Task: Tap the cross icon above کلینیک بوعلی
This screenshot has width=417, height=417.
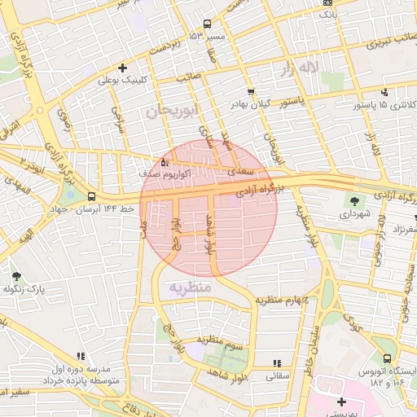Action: click(x=122, y=68)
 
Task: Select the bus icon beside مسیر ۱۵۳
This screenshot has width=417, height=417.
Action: click(x=207, y=24)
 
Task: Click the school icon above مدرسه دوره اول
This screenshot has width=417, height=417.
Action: click(x=80, y=356)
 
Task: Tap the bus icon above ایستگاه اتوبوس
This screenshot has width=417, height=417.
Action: click(x=387, y=358)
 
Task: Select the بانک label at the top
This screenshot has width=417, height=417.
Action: click(x=327, y=14)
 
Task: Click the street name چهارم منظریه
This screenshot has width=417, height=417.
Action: click(x=283, y=300)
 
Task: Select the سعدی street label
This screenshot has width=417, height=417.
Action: click(x=242, y=172)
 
